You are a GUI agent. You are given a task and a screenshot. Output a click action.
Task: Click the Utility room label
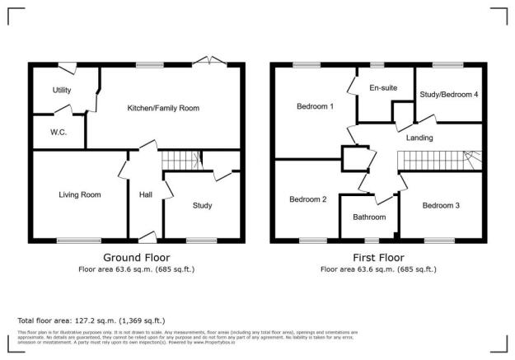point(62,91)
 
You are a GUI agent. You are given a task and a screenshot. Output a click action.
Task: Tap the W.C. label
point(58,131)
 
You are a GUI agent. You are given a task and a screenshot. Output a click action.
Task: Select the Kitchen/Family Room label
point(163,108)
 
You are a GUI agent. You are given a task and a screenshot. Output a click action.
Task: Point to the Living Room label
point(79,194)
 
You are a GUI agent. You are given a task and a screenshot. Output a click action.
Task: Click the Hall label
point(145,194)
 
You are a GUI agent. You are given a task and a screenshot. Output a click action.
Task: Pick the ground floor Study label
point(202,205)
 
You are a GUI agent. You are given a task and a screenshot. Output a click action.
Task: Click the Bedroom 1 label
point(316,106)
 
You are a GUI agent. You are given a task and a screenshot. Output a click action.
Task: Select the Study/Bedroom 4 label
point(448,95)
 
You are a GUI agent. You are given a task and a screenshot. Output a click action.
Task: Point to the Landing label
point(419,138)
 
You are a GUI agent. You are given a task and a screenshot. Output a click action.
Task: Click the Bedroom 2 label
point(307,199)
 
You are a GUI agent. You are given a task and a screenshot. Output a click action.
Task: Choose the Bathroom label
point(369,217)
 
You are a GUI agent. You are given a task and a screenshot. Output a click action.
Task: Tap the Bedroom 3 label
point(441,205)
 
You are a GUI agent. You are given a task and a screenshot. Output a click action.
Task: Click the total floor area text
point(91,320)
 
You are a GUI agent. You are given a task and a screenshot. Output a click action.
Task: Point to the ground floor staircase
point(180,160)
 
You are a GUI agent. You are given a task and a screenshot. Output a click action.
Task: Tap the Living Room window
point(79,241)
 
